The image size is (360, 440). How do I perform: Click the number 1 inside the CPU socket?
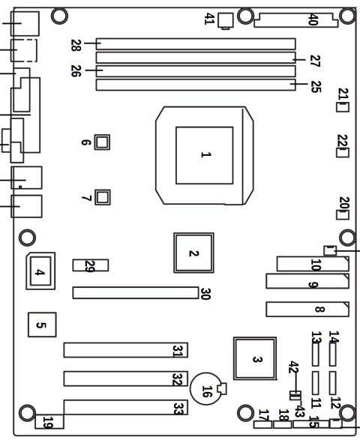pyautogui.click(x=203, y=155)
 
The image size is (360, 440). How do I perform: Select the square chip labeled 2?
pyautogui.click(x=193, y=253)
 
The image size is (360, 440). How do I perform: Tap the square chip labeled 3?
pyautogui.click(x=255, y=359)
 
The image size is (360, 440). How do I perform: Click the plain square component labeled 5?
pyautogui.click(x=40, y=325)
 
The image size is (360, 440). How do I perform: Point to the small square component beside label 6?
pyautogui.click(x=103, y=141)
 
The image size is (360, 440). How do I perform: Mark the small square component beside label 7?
pyautogui.click(x=103, y=197)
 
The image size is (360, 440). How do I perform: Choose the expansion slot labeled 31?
pyautogui.click(x=124, y=350)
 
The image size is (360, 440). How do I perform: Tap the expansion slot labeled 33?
pyautogui.click(x=124, y=407)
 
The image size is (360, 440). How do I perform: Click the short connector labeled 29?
pyautogui.click(x=90, y=265)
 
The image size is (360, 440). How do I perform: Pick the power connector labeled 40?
pyautogui.click(x=296, y=18)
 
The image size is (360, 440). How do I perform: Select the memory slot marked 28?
pyautogui.click(x=195, y=43)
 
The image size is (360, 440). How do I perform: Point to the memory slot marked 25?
pyautogui.click(x=195, y=86)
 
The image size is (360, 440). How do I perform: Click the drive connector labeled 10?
pyautogui.click(x=312, y=264)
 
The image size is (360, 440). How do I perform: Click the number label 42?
pyautogui.click(x=293, y=367)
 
